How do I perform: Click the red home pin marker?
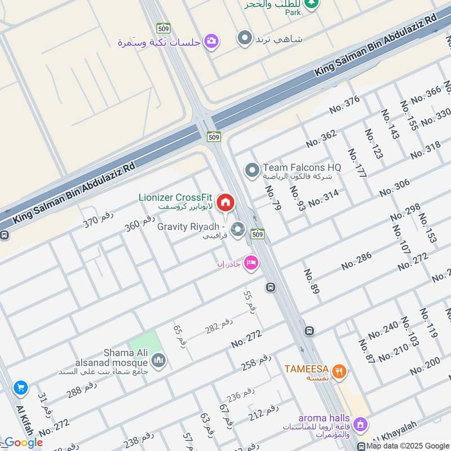click(225, 202)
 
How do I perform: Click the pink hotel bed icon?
click(251, 263)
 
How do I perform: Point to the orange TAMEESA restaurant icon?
click(339, 370)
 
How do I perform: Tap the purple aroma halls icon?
click(363, 423)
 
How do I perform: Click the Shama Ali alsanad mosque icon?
click(159, 360)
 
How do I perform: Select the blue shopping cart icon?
click(21, 387)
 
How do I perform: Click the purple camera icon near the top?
click(211, 41)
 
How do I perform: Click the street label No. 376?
click(344, 104)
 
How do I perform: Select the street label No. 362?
click(321, 138)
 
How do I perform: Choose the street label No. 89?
click(311, 281)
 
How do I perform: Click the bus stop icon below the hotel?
click(271, 287)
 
